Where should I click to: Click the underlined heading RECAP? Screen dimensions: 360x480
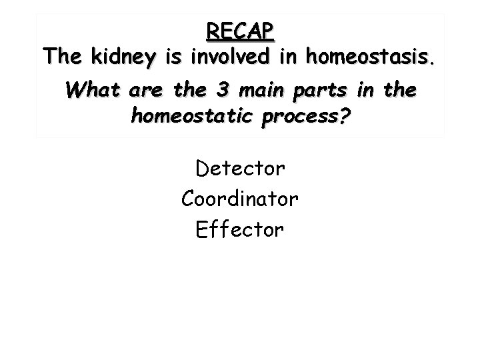[x=240, y=31]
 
